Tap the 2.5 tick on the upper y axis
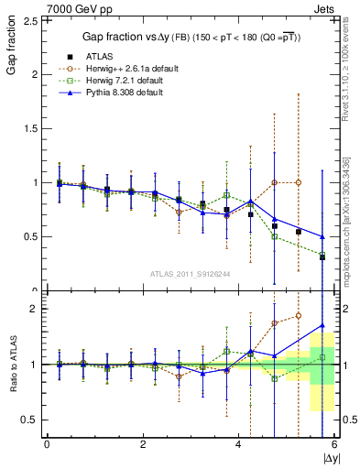pyautogui.click(x=28, y=20)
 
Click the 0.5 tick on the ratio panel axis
pyautogui.click(x=28, y=420)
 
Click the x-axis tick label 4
pyautogui.click(x=239, y=444)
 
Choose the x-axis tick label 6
pyautogui.click(x=334, y=444)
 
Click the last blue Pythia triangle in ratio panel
pyautogui.click(x=322, y=325)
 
